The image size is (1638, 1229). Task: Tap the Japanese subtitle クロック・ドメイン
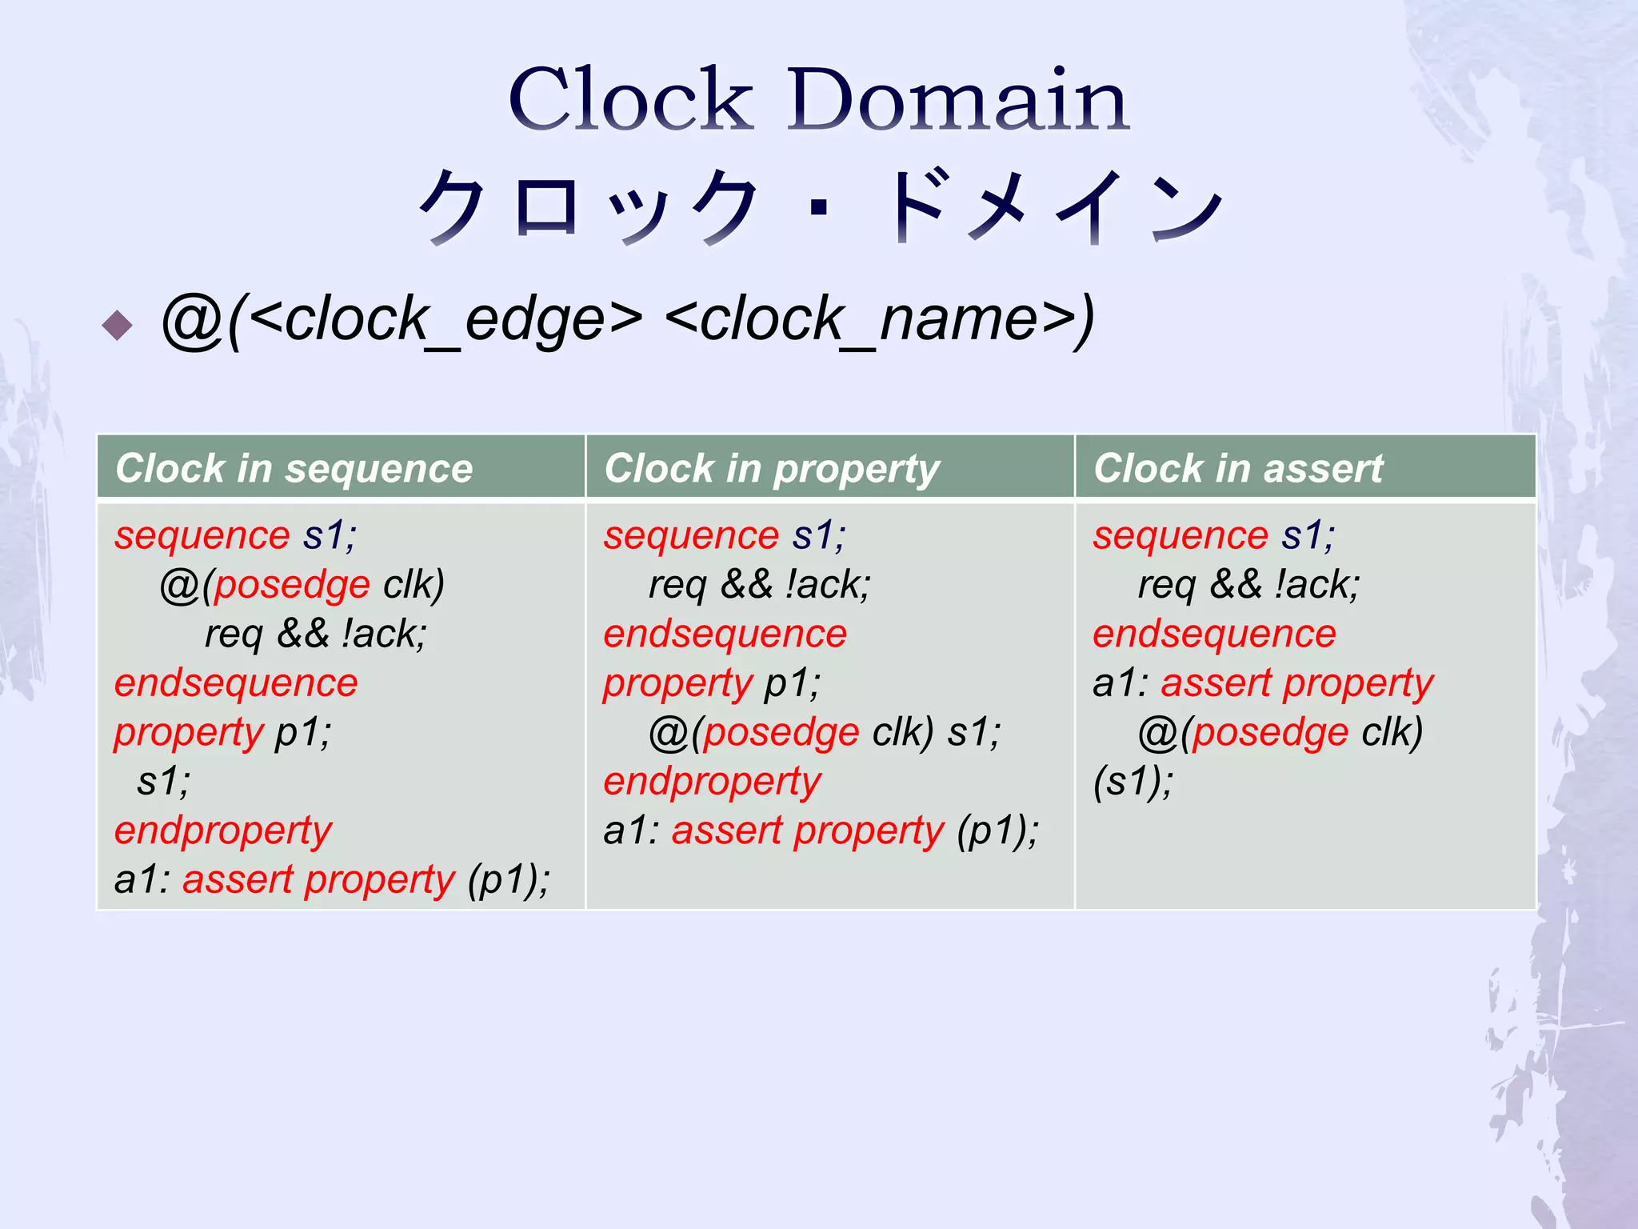[818, 206]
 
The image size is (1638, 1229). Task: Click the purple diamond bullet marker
[118, 325]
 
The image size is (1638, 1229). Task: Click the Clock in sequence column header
[294, 468]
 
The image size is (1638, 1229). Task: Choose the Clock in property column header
[772, 468]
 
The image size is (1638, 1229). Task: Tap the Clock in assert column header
[1238, 468]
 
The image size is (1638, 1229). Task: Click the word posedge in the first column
[291, 585]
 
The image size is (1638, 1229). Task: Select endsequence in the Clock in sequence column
[236, 683]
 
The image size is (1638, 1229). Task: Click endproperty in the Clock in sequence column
[223, 831]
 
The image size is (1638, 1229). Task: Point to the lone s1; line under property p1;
[164, 782]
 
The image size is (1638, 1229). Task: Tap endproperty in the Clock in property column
[713, 782]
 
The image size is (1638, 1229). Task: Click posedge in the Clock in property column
[781, 732]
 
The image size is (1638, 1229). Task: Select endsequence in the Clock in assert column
[1214, 635]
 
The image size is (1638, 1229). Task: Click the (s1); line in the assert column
[1133, 782]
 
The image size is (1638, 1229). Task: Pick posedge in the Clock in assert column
[1270, 732]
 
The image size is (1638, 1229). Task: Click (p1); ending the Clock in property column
[997, 831]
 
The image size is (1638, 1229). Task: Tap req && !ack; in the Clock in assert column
[1248, 585]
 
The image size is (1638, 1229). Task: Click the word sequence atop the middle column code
[691, 535]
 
